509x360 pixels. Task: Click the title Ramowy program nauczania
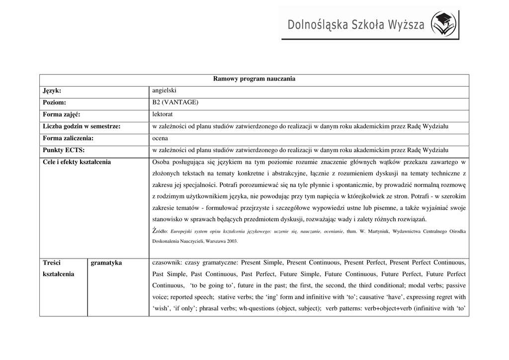[254, 79]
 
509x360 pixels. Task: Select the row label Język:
[52, 90]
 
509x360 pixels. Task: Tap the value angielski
[164, 90]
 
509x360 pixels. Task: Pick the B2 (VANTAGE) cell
[175, 102]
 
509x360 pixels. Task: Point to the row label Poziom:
[55, 102]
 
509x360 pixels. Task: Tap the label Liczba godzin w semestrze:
[82, 127]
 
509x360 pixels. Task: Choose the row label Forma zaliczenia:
[69, 138]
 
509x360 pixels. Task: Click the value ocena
[160, 138]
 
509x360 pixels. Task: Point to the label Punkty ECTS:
[64, 150]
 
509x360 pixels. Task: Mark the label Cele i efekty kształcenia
[77, 162]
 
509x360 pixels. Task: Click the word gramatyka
[106, 263]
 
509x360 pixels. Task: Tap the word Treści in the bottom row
[52, 263]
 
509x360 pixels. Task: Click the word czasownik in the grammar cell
[167, 263]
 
